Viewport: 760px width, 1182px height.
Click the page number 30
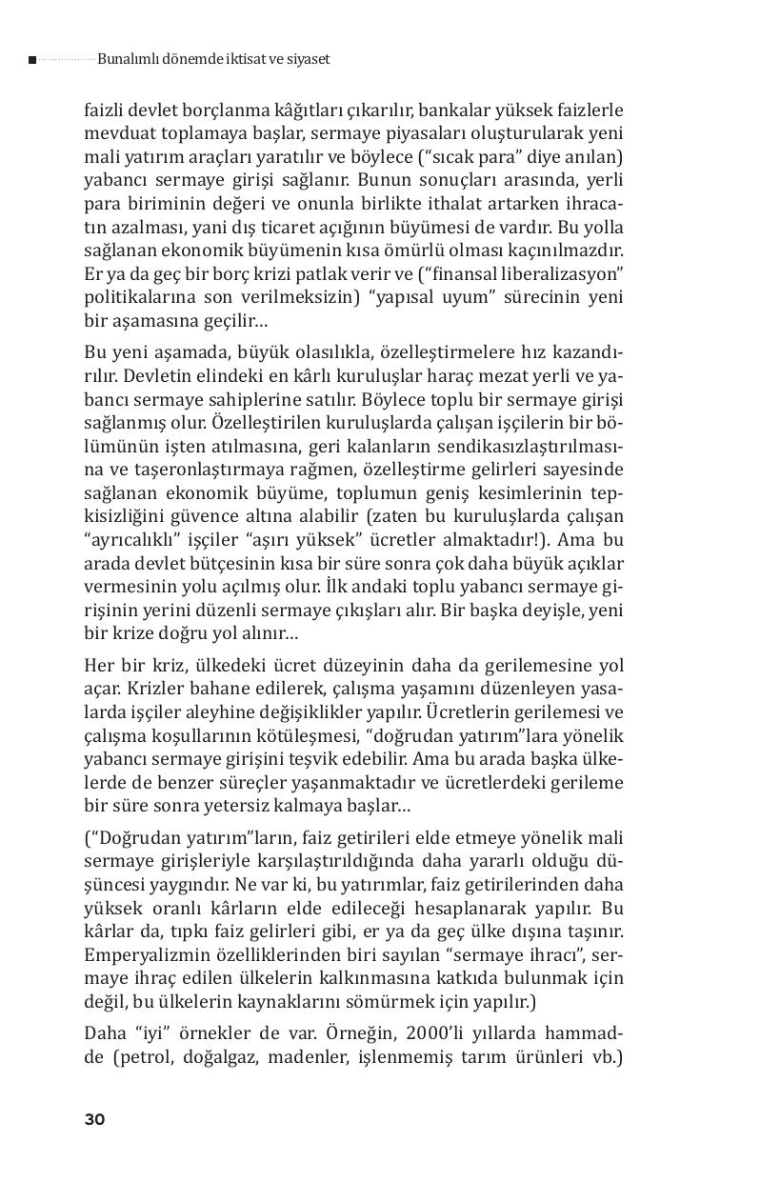[x=94, y=1119]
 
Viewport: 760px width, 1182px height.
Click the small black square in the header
[x=32, y=60]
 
